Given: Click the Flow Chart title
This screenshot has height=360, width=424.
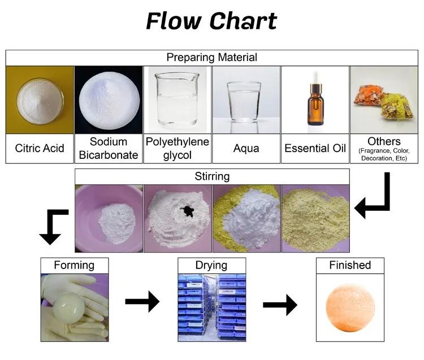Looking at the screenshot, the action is tap(211, 21).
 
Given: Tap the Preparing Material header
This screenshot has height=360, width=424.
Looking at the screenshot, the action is tap(212, 57).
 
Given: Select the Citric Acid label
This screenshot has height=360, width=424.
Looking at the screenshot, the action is tap(40, 148).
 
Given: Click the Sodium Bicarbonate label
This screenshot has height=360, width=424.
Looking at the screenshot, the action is tap(109, 149).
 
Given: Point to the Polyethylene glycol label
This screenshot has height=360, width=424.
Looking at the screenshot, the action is tap(178, 149).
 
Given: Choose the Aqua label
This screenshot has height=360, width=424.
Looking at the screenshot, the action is tap(246, 149).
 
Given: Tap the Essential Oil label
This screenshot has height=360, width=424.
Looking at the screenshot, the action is tap(315, 148).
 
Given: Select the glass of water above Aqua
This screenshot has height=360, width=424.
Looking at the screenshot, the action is tap(244, 102).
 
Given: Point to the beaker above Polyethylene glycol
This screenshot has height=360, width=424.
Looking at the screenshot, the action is tap(176, 99).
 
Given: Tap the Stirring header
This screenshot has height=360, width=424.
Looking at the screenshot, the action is tap(212, 176).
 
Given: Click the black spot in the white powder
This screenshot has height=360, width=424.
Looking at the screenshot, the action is tap(188, 210).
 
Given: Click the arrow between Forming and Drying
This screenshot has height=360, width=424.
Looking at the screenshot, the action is tap(142, 301).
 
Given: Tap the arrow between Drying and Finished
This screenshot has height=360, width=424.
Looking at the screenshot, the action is tap(280, 305).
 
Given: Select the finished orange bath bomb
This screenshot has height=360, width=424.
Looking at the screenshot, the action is tap(350, 308).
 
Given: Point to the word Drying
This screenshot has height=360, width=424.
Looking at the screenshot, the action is tap(211, 265).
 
